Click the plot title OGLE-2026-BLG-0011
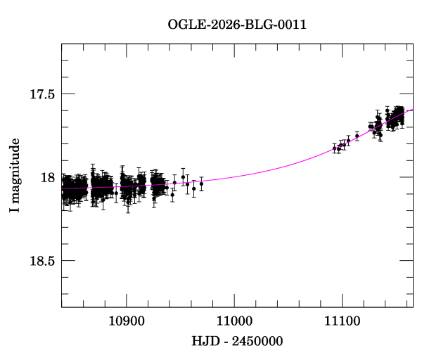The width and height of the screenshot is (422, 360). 237,25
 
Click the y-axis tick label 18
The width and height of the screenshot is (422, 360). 48,178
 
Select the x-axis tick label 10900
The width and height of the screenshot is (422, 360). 127,321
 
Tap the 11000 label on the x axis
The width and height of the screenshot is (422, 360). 234,321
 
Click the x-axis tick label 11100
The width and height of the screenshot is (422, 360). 342,321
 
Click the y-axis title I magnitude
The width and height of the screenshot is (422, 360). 15,175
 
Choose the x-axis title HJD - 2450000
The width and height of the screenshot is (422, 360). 237,341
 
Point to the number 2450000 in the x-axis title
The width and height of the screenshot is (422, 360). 257,341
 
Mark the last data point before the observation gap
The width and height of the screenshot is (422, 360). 201,184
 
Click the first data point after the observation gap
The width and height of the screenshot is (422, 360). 335,148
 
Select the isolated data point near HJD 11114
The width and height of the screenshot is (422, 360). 357,136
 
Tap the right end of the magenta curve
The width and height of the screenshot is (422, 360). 413,109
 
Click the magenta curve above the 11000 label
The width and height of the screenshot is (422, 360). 234,177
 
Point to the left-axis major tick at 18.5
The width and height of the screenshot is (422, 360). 68,260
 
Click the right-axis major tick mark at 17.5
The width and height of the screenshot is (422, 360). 407,94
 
